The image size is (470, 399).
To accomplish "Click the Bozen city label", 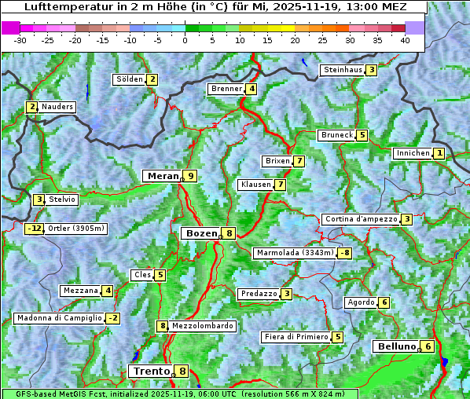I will tap(200, 233).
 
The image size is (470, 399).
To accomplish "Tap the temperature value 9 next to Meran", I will tap(189, 176).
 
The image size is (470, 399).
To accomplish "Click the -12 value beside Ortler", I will tap(34, 229).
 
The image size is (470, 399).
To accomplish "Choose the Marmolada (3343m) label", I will tap(295, 253).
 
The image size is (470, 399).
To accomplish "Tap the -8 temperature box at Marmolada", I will tap(344, 253).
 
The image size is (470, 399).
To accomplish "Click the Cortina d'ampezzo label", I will tap(360, 219).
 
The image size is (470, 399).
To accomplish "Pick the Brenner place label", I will tap(226, 89).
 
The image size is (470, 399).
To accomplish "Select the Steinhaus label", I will tap(343, 70).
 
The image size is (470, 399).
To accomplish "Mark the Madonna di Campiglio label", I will tap(59, 318).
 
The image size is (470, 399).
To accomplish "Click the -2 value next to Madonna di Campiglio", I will tap(113, 318).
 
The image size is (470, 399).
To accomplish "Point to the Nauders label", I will tap(57, 107).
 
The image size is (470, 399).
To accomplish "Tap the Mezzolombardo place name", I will tap(202, 326).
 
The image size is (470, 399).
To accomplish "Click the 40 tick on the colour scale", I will tap(405, 40).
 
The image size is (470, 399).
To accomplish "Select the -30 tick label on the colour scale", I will tap(20, 40).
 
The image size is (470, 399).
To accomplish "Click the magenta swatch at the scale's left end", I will tap(10, 27).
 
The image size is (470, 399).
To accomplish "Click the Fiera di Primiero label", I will tap(296, 337).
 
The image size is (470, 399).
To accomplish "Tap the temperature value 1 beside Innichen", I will tap(439, 153).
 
